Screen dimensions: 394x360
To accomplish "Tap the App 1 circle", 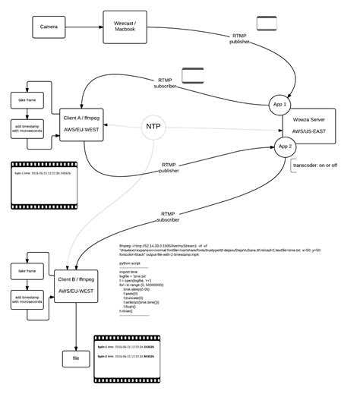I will (279, 105).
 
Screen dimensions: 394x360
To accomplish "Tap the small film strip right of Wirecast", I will (267, 23).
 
